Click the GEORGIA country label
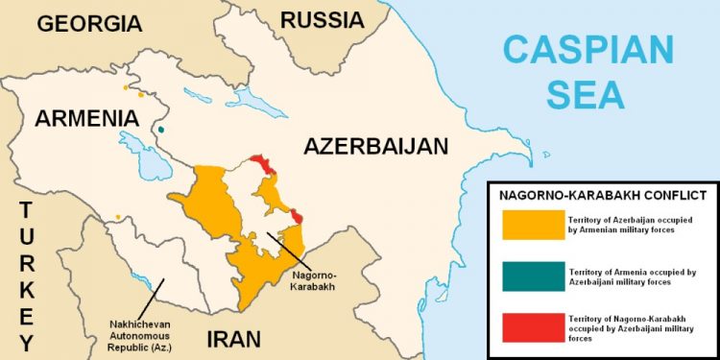[88, 23]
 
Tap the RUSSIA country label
[322, 19]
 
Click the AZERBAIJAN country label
[375, 147]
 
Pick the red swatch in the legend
[532, 328]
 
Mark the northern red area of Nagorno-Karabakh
[262, 164]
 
